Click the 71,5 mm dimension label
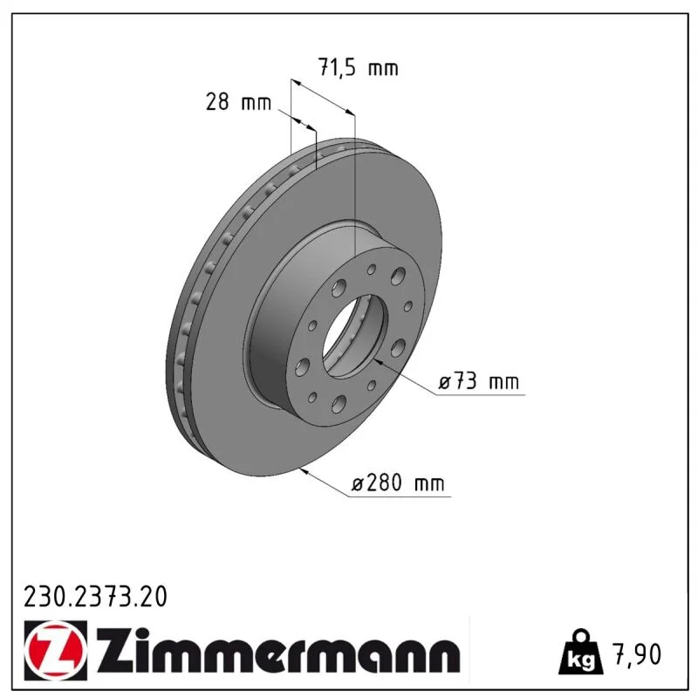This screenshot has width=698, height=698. (x=358, y=68)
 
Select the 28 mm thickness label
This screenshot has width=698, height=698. (x=238, y=102)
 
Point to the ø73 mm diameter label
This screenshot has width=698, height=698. (x=478, y=381)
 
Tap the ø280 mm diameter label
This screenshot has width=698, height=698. (x=398, y=482)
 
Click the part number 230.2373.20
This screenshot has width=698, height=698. (x=95, y=597)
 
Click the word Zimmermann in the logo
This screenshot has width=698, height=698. (x=278, y=650)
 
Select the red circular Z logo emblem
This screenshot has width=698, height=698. (x=56, y=650)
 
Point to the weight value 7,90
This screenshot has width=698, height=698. (x=638, y=654)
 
